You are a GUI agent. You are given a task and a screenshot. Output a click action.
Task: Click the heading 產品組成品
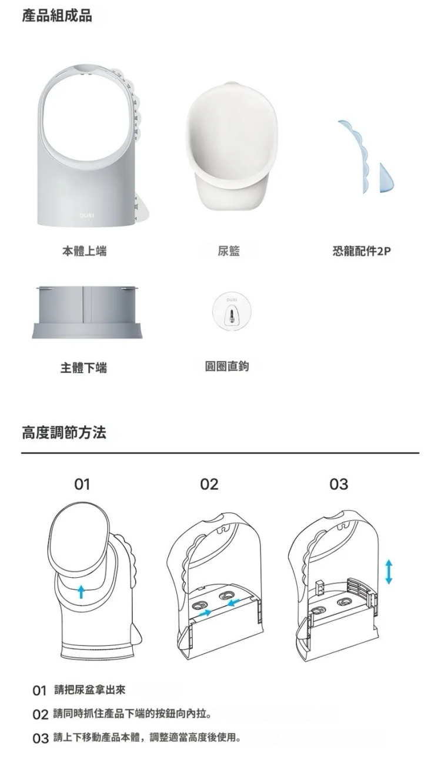[57, 16]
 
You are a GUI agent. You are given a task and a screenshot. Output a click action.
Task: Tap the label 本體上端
[84, 252]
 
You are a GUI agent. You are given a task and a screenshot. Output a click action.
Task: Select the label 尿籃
[228, 252]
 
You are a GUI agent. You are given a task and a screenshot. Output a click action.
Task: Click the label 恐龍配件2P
[362, 252]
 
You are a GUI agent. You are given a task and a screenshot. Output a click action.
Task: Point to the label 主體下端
[83, 368]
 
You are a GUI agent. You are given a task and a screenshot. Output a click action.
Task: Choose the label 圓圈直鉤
[227, 366]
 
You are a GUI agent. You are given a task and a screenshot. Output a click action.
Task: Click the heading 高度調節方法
[64, 433]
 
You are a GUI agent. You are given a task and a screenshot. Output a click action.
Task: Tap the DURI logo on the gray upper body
[86, 216]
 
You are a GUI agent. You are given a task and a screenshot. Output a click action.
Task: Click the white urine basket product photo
[232, 145]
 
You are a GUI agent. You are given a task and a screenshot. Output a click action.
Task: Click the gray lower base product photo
[88, 312]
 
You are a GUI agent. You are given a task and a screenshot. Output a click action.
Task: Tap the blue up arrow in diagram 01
[81, 592]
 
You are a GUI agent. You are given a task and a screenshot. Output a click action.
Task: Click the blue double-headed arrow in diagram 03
[388, 572]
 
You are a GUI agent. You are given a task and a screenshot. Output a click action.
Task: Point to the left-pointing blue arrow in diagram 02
[234, 602]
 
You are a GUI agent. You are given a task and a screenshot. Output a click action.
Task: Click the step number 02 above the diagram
[209, 484]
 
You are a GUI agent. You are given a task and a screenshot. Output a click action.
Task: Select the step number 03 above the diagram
[339, 484]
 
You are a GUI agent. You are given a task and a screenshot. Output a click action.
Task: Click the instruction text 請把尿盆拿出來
[90, 690]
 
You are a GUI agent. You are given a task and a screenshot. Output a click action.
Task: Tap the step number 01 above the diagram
[82, 484]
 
